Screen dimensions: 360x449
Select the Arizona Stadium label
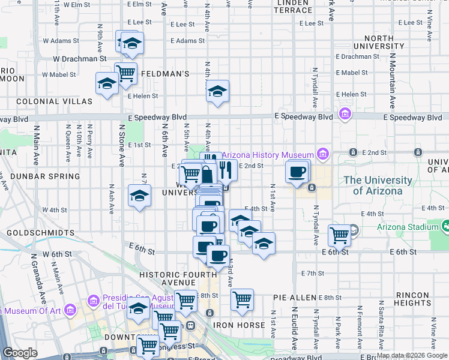point(408,227)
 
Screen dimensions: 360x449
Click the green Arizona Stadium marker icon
point(445,226)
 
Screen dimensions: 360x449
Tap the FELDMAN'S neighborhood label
point(165,74)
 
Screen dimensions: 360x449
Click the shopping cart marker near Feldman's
point(126,74)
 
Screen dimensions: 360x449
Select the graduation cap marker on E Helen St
point(217,91)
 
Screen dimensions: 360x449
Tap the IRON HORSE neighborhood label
point(239,325)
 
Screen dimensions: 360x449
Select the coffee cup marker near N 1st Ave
point(297,172)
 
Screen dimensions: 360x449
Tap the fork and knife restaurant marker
point(226,169)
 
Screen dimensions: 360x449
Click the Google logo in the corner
point(20,353)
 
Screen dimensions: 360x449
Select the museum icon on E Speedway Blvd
point(345,114)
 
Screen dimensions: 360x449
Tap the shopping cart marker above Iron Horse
point(242,299)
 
